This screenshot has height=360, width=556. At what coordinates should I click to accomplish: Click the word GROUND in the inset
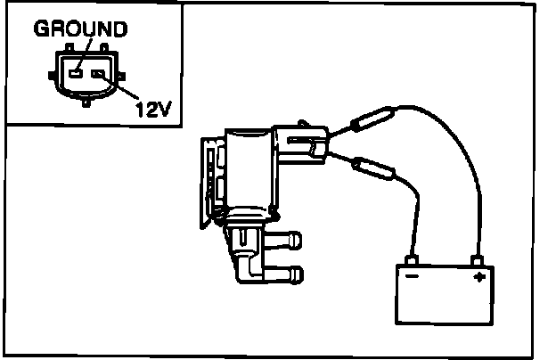[x=80, y=29]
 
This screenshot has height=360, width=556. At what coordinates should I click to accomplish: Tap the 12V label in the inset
[x=152, y=109]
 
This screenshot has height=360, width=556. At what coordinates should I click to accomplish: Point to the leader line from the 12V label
[x=119, y=89]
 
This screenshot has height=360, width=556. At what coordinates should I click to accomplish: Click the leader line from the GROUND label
[x=83, y=53]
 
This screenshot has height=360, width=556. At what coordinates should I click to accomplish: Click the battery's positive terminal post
[x=478, y=260]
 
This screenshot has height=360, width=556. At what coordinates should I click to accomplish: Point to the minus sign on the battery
[x=413, y=276]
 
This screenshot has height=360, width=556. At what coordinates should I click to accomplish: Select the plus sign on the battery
[x=478, y=277]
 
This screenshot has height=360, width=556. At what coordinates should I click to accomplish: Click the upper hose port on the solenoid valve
[x=284, y=239]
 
